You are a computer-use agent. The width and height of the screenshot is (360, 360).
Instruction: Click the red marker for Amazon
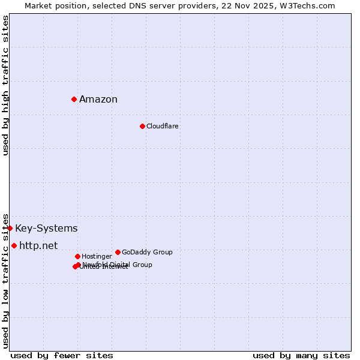pyautogui.click(x=74, y=99)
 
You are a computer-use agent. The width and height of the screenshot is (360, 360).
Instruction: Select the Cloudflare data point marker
pyautogui.click(x=142, y=126)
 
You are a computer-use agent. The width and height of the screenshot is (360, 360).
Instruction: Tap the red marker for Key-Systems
pyautogui.click(x=10, y=228)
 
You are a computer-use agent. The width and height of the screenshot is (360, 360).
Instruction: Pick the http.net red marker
pyautogui.click(x=14, y=245)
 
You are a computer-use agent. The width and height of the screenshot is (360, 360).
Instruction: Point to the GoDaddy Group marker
pyautogui.click(x=118, y=252)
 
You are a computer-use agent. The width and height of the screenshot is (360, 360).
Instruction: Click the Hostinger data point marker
pyautogui.click(x=77, y=256)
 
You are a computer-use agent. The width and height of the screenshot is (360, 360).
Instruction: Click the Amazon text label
pyautogui.click(x=98, y=100)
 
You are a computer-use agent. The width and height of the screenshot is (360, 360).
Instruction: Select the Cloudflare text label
pyautogui.click(x=162, y=126)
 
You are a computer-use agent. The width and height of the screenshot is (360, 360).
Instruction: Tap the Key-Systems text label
pyautogui.click(x=46, y=229)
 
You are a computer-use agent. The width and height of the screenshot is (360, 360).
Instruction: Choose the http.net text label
pyautogui.click(x=38, y=245)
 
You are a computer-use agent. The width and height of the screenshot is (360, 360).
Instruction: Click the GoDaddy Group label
pyautogui.click(x=147, y=252)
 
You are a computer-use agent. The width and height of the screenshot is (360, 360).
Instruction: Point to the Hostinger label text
pyautogui.click(x=97, y=256)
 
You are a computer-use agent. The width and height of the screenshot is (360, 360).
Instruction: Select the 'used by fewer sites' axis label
pyautogui.click(x=62, y=355)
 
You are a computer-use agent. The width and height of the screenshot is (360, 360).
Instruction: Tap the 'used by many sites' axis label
pyautogui.click(x=301, y=355)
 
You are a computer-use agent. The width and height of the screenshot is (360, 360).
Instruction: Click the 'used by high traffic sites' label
pyautogui.click(x=5, y=85)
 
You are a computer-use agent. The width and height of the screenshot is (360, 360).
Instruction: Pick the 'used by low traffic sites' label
pyautogui.click(x=5, y=280)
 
